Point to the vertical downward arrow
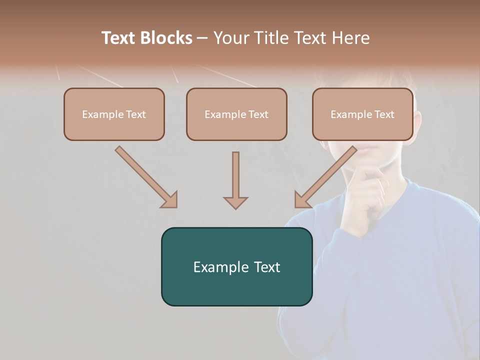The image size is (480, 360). tap(235, 180)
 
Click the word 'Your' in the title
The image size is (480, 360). tap(231, 38)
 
